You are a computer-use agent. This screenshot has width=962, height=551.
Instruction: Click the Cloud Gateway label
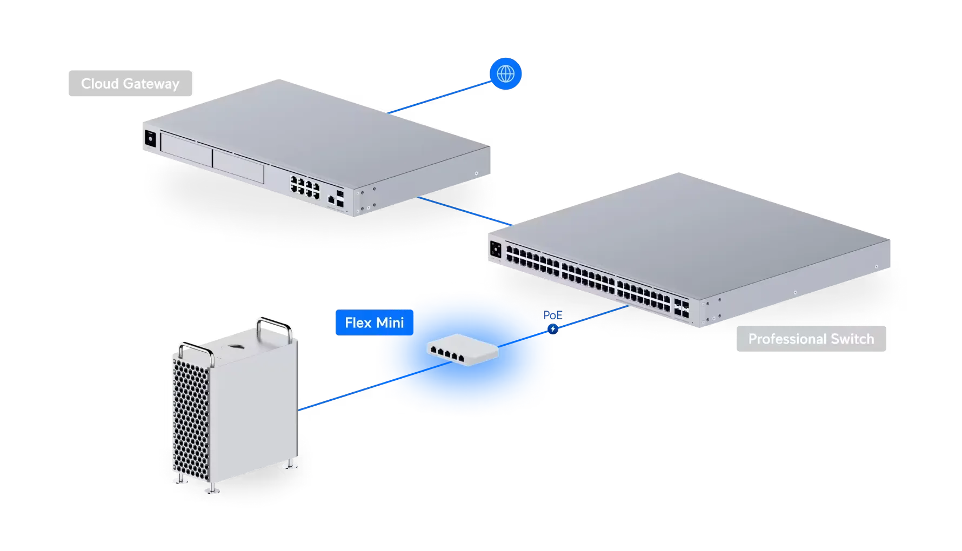pos(129,84)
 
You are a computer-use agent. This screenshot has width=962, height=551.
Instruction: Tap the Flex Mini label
pos(374,322)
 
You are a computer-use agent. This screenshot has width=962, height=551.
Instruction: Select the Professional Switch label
pos(811,339)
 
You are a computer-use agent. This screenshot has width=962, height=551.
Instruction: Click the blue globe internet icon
pos(506,73)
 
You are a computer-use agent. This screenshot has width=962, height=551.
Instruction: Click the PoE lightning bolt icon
pos(552,328)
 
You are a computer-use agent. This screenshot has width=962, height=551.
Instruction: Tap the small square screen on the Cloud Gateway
pos(150,138)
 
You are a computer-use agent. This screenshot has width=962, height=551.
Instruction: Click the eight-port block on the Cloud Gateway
pos(304,185)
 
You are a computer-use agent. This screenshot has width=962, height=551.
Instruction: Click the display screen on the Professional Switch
pos(496,250)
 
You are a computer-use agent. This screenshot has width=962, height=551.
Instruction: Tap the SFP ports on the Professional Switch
pos(681,307)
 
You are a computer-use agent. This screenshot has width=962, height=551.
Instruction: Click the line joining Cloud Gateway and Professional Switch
pos(465,211)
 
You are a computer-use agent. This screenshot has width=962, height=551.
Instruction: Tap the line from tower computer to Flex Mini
pos(338,398)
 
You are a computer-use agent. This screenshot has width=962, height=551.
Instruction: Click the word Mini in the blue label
pos(390,322)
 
